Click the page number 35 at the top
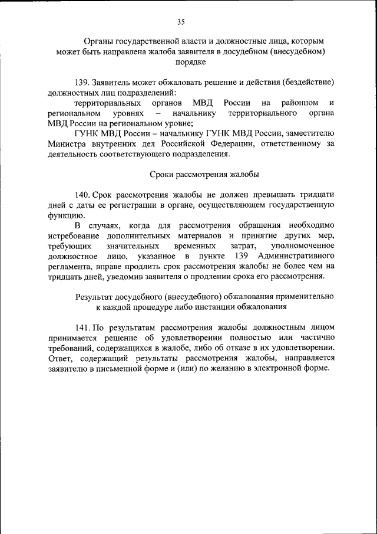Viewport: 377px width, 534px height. click(x=181, y=22)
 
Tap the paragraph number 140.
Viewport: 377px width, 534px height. click(x=84, y=195)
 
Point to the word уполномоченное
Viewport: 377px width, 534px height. click(x=303, y=245)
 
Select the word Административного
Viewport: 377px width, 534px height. click(x=296, y=256)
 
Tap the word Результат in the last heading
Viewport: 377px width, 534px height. click(x=94, y=297)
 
